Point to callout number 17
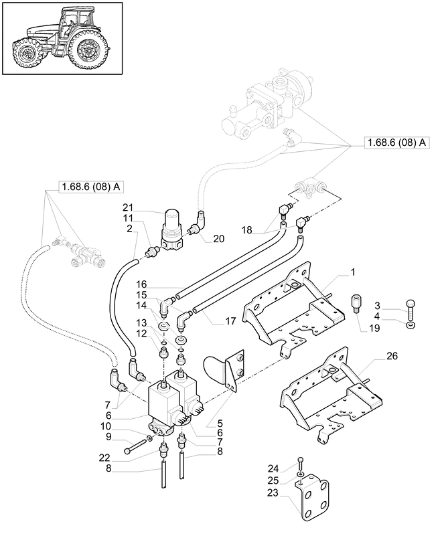tap(230, 321)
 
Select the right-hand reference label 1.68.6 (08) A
tap(396, 143)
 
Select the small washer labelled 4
tap(410, 325)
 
